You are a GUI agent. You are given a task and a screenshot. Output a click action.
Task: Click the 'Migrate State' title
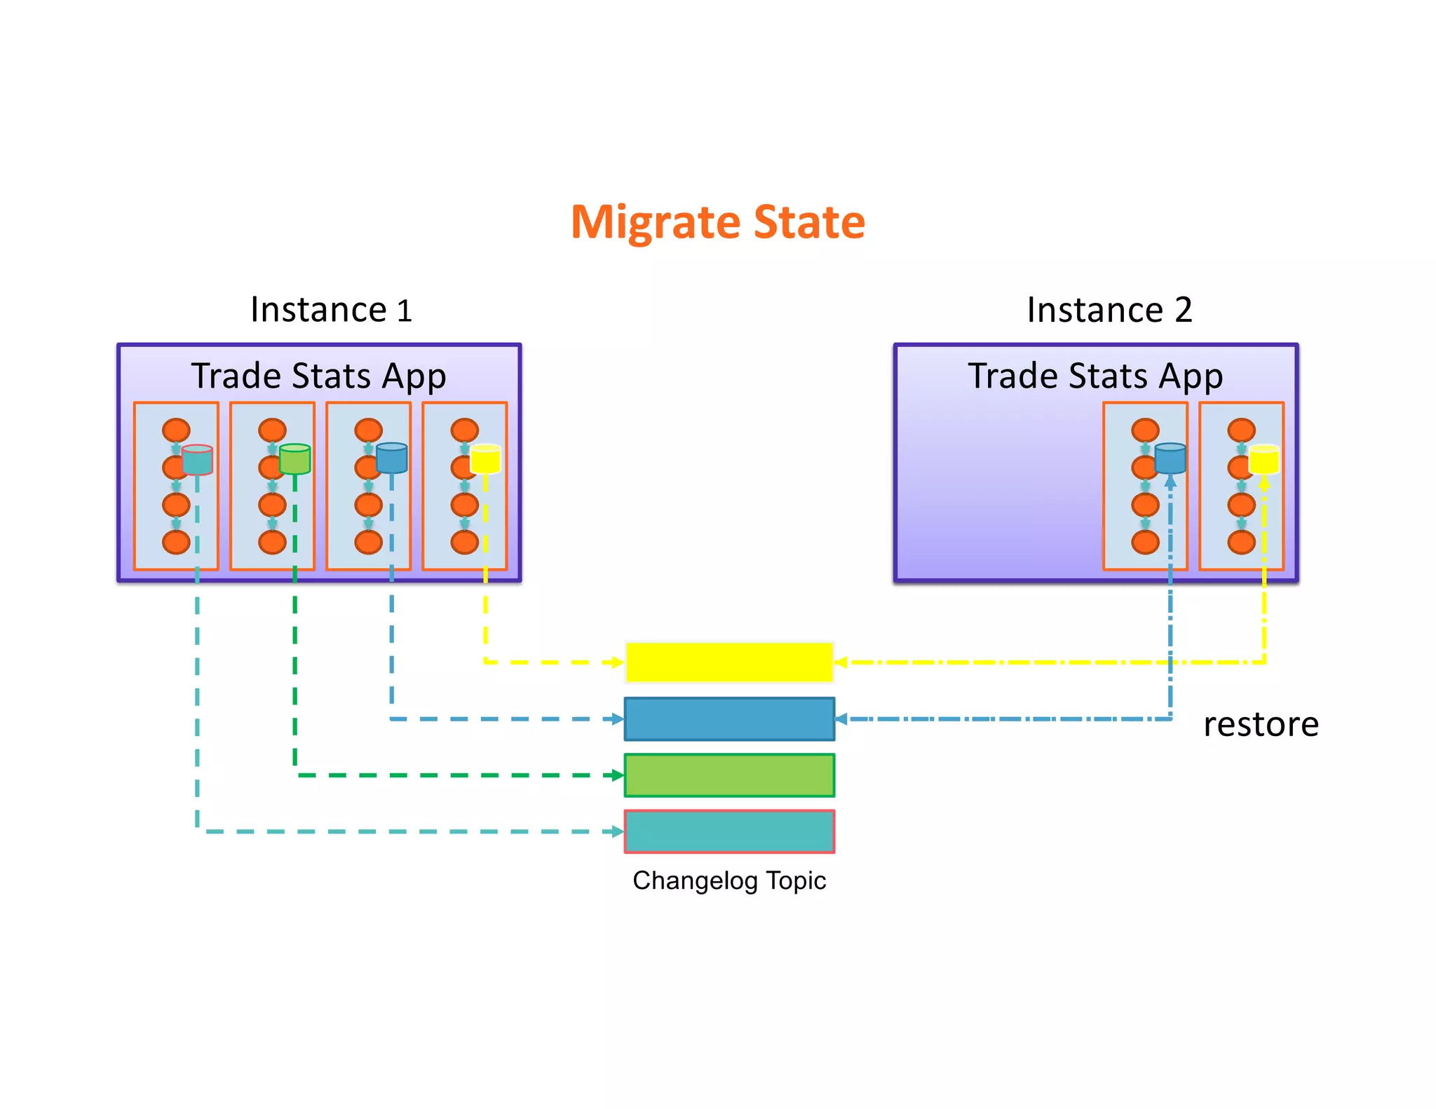[x=718, y=222]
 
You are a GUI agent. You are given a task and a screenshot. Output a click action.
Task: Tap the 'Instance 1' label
[x=331, y=310]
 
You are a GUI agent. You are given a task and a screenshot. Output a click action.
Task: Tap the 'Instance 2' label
[x=1109, y=310]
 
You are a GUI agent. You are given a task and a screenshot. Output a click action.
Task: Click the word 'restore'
[x=1261, y=724]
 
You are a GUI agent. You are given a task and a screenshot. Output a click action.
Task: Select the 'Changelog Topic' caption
[x=729, y=880]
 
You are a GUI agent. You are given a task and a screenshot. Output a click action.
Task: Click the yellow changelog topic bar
[x=729, y=662]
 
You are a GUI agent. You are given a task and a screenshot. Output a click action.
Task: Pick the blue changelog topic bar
[x=729, y=719]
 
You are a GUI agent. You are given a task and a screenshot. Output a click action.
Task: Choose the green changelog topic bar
[x=729, y=775]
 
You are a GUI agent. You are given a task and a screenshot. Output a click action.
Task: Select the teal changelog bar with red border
[x=729, y=832]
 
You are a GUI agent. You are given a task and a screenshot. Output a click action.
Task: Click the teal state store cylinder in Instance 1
[x=197, y=460]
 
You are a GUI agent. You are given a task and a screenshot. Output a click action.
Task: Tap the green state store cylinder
[x=294, y=459]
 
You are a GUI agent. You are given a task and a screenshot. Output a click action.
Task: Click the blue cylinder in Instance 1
[x=391, y=458]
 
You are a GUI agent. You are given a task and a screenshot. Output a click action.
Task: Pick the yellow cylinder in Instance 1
[x=485, y=458]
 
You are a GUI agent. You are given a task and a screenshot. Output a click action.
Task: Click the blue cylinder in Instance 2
[x=1170, y=458]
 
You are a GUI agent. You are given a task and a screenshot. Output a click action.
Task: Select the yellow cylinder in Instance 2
[x=1264, y=458]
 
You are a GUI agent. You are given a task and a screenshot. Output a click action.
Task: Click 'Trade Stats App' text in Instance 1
[x=318, y=376]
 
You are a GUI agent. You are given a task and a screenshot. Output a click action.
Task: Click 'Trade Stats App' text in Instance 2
[x=1095, y=376]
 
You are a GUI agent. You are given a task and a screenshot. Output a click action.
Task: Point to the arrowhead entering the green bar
[x=618, y=775]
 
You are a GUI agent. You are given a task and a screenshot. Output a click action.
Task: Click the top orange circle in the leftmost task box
[x=176, y=430]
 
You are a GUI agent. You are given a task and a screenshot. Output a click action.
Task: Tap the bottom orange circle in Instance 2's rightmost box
[x=1241, y=542]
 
